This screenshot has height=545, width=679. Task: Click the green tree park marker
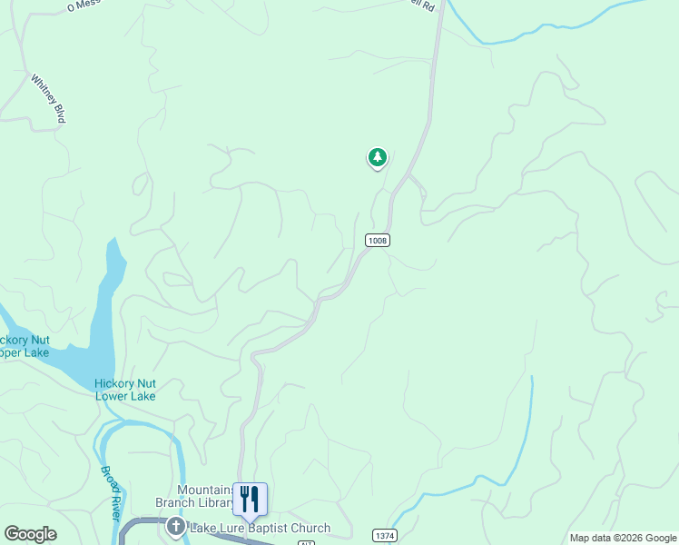click(x=377, y=158)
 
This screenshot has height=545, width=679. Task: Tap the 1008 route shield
click(x=378, y=240)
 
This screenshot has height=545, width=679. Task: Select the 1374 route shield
click(x=385, y=536)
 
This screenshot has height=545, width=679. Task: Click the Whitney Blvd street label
click(x=48, y=99)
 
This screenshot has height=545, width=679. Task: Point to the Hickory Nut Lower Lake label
click(x=125, y=390)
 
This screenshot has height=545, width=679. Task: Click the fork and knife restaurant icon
click(x=250, y=498)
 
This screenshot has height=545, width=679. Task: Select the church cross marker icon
click(x=176, y=527)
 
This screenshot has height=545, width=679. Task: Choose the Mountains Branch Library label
click(x=204, y=496)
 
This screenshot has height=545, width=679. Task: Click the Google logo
click(x=30, y=534)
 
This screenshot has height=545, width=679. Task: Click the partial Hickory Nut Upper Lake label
click(x=25, y=346)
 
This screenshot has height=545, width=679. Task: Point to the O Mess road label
click(x=84, y=5)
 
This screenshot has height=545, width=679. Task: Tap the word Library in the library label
click(x=207, y=502)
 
